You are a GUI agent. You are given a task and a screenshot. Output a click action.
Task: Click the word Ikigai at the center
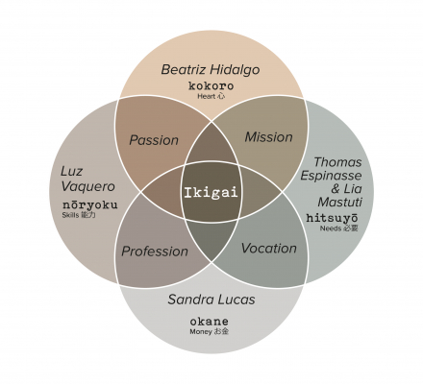[x=211, y=192]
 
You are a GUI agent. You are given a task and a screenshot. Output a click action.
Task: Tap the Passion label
[x=154, y=140]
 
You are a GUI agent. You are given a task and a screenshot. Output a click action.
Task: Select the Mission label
[x=269, y=137]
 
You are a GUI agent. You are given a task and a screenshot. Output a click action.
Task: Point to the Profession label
[x=155, y=252]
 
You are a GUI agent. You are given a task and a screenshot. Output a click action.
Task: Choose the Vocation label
[x=269, y=249]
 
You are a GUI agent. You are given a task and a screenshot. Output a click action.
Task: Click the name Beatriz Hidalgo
[x=211, y=70]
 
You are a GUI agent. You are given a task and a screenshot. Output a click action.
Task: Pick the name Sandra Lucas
[x=211, y=300]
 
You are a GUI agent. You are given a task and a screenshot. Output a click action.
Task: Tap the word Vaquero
[x=87, y=186]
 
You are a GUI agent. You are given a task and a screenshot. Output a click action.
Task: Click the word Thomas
[x=337, y=162]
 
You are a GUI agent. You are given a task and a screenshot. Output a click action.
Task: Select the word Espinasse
[x=331, y=176]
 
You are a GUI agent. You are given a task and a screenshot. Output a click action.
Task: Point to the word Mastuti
[x=340, y=203]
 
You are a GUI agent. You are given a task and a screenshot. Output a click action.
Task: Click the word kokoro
[x=211, y=85]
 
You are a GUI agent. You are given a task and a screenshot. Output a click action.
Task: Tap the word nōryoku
[x=90, y=204]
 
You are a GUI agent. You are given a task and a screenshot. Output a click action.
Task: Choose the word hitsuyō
[x=332, y=218]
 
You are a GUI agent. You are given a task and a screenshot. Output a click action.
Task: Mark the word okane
[x=210, y=321]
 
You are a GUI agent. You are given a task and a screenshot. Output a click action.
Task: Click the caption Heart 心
[x=211, y=96]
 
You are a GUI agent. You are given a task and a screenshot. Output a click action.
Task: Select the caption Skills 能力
[x=79, y=215]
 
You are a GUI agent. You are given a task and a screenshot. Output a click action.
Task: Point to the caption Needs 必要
[x=339, y=228]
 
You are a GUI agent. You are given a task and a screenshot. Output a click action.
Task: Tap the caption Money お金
[x=210, y=331]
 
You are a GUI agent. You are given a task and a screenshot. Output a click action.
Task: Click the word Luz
[x=72, y=172]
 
